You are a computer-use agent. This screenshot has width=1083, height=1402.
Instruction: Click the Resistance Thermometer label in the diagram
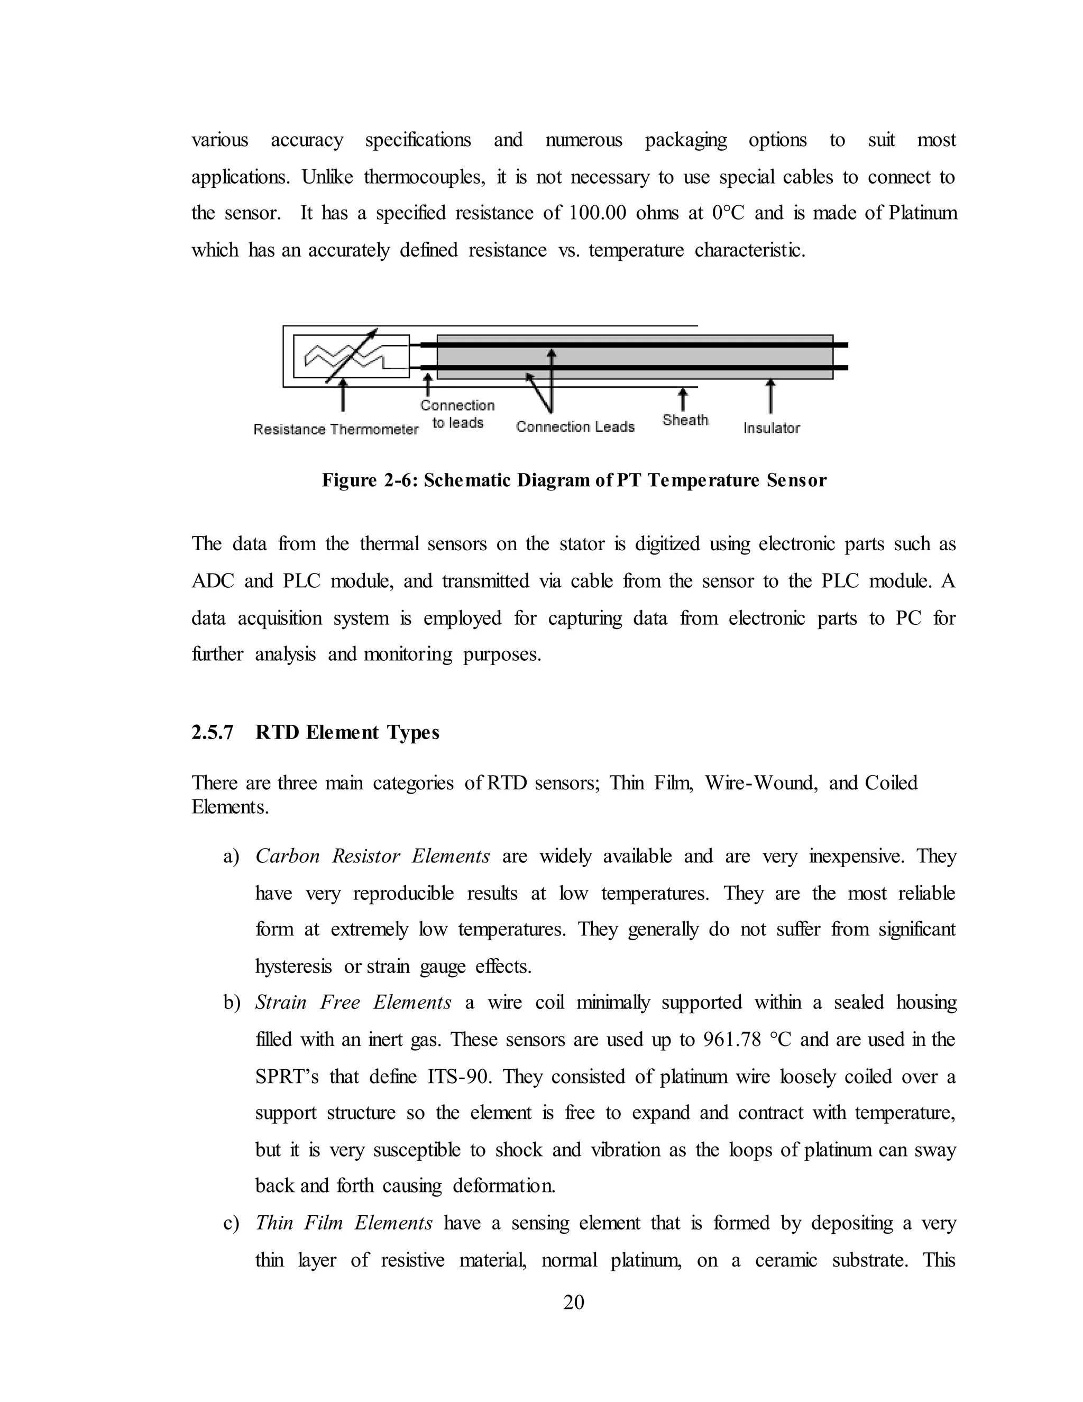pyautogui.click(x=336, y=430)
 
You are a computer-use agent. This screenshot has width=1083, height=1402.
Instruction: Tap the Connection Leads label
pyautogui.click(x=575, y=427)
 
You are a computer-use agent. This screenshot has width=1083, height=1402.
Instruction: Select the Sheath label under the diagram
pyautogui.click(x=685, y=421)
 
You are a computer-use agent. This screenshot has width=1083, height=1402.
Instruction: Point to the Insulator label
pyautogui.click(x=771, y=428)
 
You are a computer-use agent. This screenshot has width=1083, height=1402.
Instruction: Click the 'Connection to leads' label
pyautogui.click(x=457, y=414)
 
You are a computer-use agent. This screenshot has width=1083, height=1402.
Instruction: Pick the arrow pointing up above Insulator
pyautogui.click(x=770, y=396)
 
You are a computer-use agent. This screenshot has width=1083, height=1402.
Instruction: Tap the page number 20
pyautogui.click(x=574, y=1302)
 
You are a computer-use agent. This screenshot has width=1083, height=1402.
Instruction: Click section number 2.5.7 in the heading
pyautogui.click(x=213, y=732)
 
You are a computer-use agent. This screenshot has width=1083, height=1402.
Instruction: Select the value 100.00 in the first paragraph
pyautogui.click(x=598, y=213)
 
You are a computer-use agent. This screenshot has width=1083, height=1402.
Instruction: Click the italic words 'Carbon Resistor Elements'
pyautogui.click(x=372, y=857)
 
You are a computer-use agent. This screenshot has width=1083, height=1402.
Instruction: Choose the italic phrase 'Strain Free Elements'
pyautogui.click(x=353, y=1003)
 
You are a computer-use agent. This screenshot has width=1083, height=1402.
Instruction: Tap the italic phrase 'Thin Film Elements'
pyautogui.click(x=344, y=1223)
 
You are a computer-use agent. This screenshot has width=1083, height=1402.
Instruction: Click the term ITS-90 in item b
pyautogui.click(x=460, y=1077)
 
